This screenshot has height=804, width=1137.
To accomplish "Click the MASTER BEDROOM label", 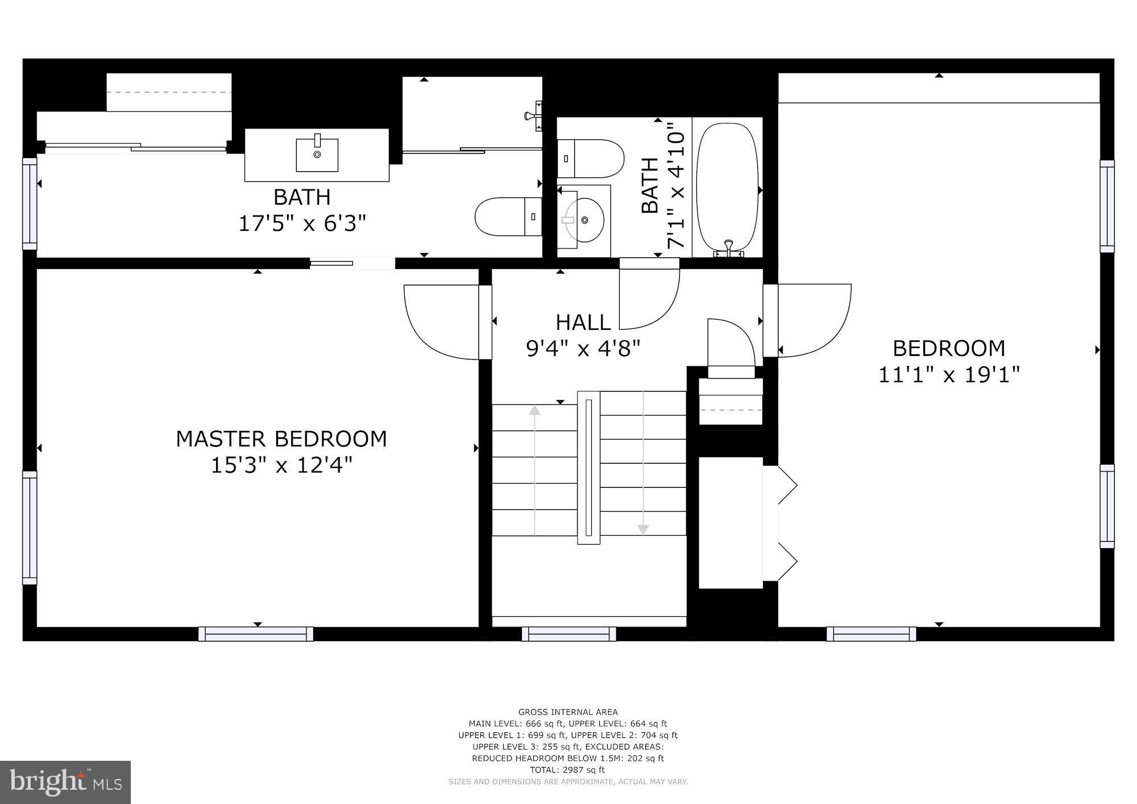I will tap(281, 439).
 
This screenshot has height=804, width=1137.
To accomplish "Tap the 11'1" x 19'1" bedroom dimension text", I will tap(949, 375).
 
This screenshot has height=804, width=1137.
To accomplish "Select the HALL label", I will tap(583, 322).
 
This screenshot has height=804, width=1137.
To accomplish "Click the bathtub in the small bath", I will tap(728, 188).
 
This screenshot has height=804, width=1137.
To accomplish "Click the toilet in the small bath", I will tap(591, 159).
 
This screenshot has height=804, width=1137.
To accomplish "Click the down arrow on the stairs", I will tap(643, 529).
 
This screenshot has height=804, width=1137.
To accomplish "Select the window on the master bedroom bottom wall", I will tap(256, 633).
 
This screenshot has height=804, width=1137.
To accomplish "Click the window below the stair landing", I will tap(568, 633).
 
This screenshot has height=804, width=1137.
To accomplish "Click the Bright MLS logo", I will tap(65, 782).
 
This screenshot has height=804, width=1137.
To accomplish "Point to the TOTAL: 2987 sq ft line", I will tap(567, 770).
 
